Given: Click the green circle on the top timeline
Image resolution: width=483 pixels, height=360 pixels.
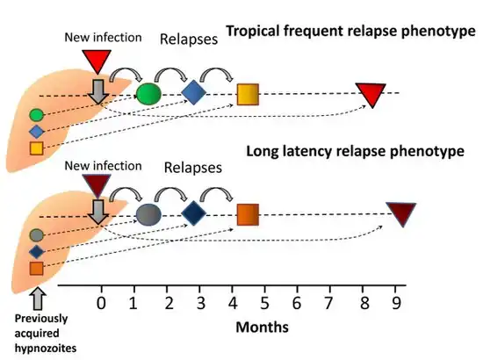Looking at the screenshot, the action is (148, 94).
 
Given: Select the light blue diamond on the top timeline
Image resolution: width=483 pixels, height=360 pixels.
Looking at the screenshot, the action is (193, 92).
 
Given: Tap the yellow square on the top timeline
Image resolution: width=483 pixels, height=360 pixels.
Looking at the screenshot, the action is (248, 94).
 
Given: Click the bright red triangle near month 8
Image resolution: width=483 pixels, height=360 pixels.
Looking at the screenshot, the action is (371, 93).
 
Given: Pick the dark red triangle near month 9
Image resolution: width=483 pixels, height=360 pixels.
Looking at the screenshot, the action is (401, 212).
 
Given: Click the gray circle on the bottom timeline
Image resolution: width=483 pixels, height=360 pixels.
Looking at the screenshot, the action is (148, 214).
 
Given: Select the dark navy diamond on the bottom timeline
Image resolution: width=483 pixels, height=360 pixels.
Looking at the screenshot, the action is (193, 213).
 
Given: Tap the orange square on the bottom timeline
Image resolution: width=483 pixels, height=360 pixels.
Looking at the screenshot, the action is (248, 214).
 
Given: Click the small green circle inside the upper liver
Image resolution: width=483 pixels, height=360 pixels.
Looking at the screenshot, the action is (37, 115).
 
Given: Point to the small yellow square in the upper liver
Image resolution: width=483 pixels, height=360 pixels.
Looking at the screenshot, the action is (37, 148).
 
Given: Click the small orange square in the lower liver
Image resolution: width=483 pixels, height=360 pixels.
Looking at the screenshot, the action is (37, 268).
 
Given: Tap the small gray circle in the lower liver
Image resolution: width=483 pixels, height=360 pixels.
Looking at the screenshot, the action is (37, 235).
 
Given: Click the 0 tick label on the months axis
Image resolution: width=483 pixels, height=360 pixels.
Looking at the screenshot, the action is (101, 303).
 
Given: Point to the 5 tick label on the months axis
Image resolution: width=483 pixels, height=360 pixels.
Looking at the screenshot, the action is (264, 303).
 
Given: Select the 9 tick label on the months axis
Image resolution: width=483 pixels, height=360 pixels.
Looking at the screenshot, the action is (396, 303).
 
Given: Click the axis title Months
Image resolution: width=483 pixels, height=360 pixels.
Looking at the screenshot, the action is (263, 327).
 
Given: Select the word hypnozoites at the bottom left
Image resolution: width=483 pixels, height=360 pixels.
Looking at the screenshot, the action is (46, 349).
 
